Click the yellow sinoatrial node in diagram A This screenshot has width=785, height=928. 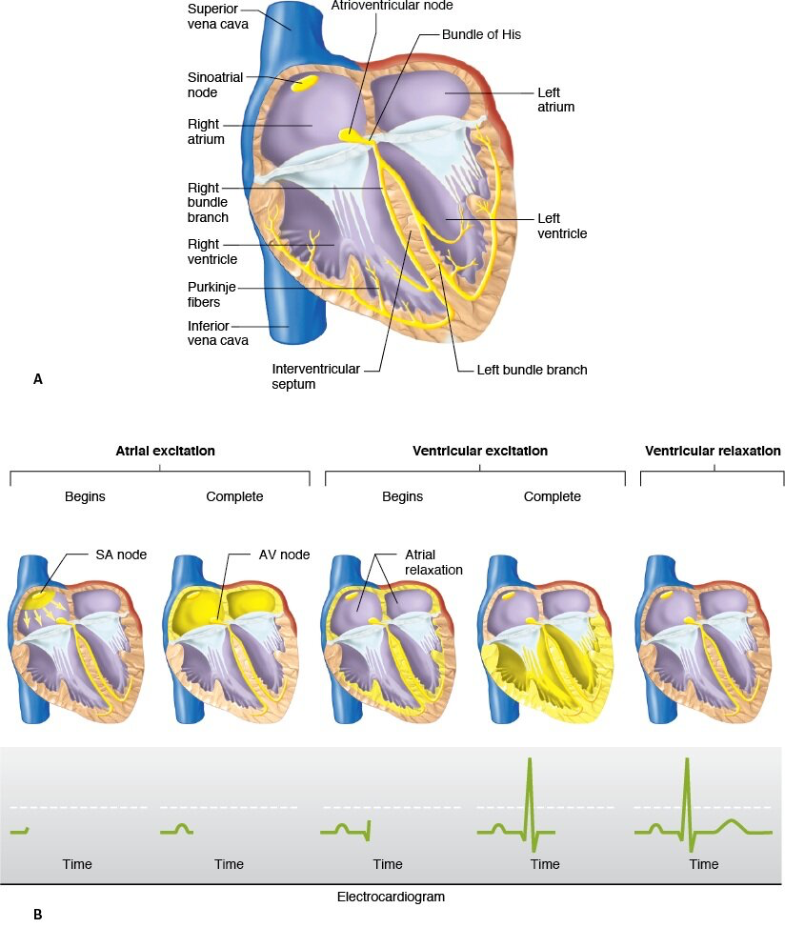pos(304,82)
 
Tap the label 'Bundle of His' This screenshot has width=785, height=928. pos(481,34)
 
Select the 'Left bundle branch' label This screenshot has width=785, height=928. pos(532,370)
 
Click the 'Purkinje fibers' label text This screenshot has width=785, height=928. pos(211,294)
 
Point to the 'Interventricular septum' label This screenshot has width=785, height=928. pos(315,376)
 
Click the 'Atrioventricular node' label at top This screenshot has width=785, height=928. pos(392,6)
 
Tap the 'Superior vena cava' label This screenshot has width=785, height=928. pos(218,16)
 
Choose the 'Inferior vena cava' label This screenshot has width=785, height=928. pos(218,333)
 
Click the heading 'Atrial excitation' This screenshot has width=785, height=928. pos(165,451)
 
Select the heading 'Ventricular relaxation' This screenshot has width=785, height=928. pos(713,451)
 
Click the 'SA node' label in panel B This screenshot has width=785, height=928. pos(121,555)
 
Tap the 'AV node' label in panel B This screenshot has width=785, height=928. pos(284,555)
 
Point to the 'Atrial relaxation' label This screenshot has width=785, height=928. pos(433,562)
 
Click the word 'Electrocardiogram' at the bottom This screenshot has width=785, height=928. pos(391,897)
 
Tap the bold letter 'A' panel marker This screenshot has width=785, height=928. pos(38,379)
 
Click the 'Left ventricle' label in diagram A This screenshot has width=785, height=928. pos(562,226)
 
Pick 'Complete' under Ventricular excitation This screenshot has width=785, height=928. pos(552,496)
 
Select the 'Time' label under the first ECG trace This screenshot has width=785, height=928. pos(77,864)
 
